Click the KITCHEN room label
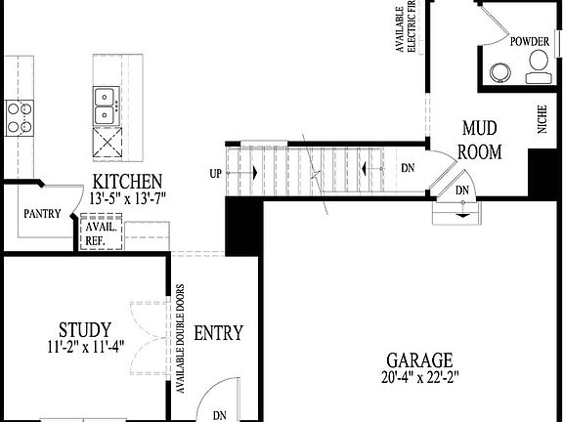pos(127,182)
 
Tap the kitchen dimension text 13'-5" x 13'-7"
pos(127,197)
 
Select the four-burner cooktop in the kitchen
pos(20,117)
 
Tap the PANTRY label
pos(41,215)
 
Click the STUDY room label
pos(84,329)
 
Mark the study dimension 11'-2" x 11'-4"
pos(84,345)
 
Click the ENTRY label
pos(218,333)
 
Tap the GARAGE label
pos(417,359)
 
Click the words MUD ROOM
pos(481,140)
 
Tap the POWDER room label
pos(530,41)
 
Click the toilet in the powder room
pos(537,66)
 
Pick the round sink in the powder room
pos(501,71)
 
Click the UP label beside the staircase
pos(215,173)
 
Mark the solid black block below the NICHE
pos(541,172)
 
